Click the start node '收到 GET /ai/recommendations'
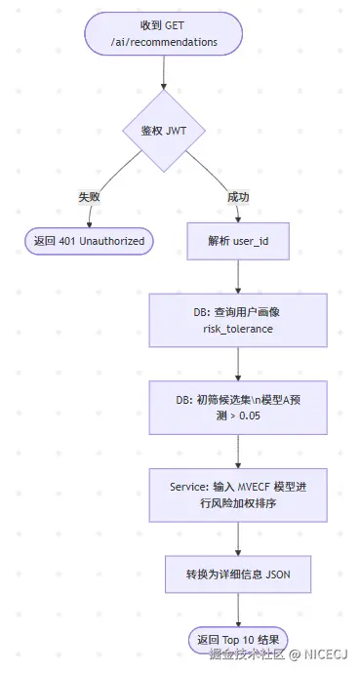tap(164, 34)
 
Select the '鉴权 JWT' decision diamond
tap(164, 130)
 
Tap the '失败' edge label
tap(90, 196)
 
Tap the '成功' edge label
tap(238, 196)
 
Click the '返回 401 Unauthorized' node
tap(89, 241)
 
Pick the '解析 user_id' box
tap(238, 241)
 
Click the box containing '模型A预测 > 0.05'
tap(238, 409)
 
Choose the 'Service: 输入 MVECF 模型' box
tap(238, 495)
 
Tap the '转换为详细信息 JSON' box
tap(238, 574)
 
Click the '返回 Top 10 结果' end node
tap(238, 639)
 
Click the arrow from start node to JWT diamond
tap(164, 73)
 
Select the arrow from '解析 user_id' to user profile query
tap(238, 277)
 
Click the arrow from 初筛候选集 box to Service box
tap(238, 451)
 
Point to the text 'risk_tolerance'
tap(238, 330)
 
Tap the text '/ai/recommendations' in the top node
tap(164, 43)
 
